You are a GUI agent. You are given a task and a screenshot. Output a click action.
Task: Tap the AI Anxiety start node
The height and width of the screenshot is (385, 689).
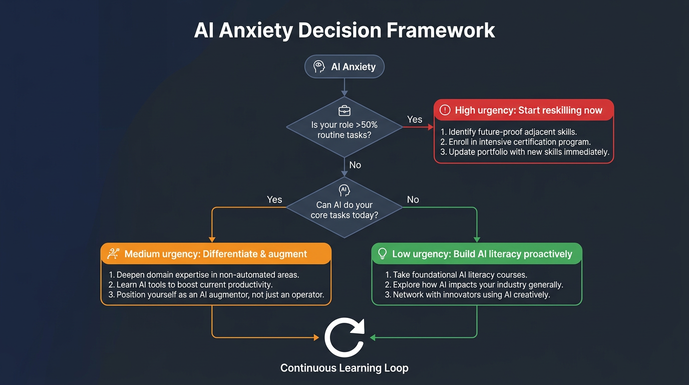(x=344, y=67)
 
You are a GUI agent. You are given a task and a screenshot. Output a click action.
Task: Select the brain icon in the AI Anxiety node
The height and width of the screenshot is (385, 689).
(x=319, y=67)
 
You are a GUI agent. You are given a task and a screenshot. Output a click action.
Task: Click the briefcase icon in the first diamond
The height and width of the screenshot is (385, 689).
(x=344, y=110)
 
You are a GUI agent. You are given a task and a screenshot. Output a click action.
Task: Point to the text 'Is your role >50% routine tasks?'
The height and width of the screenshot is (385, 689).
(x=344, y=130)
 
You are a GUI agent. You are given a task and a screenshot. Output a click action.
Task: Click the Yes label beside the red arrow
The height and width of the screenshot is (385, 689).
(x=415, y=119)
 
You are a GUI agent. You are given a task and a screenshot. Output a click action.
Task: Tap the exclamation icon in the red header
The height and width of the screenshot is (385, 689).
(x=445, y=110)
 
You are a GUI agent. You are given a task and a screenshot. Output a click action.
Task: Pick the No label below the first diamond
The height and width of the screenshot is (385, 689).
(x=355, y=165)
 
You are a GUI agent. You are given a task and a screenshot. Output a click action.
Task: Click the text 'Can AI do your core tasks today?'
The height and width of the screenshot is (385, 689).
(x=344, y=210)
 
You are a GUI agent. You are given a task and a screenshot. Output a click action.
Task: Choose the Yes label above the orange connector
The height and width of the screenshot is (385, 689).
(x=274, y=200)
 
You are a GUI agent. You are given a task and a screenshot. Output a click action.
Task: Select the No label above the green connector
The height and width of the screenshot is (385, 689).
(x=413, y=200)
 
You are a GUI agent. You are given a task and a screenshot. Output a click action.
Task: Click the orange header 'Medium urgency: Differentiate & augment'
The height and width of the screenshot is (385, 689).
(x=216, y=254)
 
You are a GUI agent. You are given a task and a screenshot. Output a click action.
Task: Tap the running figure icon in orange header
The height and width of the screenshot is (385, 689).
(x=113, y=254)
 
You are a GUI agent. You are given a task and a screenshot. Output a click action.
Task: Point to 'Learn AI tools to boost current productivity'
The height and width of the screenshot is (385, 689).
(x=194, y=285)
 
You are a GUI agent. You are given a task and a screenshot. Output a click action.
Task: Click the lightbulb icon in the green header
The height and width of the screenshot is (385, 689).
(x=383, y=254)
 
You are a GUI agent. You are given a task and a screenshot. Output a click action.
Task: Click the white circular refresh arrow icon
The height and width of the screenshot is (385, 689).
(x=344, y=338)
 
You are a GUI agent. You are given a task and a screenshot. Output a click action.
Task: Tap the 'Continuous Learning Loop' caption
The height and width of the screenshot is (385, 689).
(x=344, y=368)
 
